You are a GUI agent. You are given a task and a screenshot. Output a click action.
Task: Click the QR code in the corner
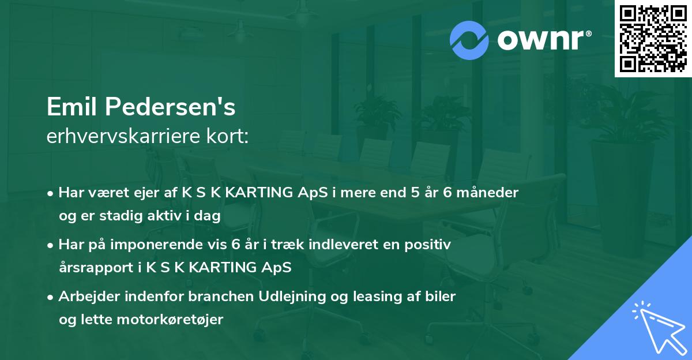click(x=653, y=39)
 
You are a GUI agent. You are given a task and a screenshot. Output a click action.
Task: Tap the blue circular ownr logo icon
click(x=469, y=39)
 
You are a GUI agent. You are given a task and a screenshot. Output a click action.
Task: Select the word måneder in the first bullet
click(x=491, y=192)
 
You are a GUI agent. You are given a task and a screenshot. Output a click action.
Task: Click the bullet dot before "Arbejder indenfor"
click(x=51, y=297)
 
